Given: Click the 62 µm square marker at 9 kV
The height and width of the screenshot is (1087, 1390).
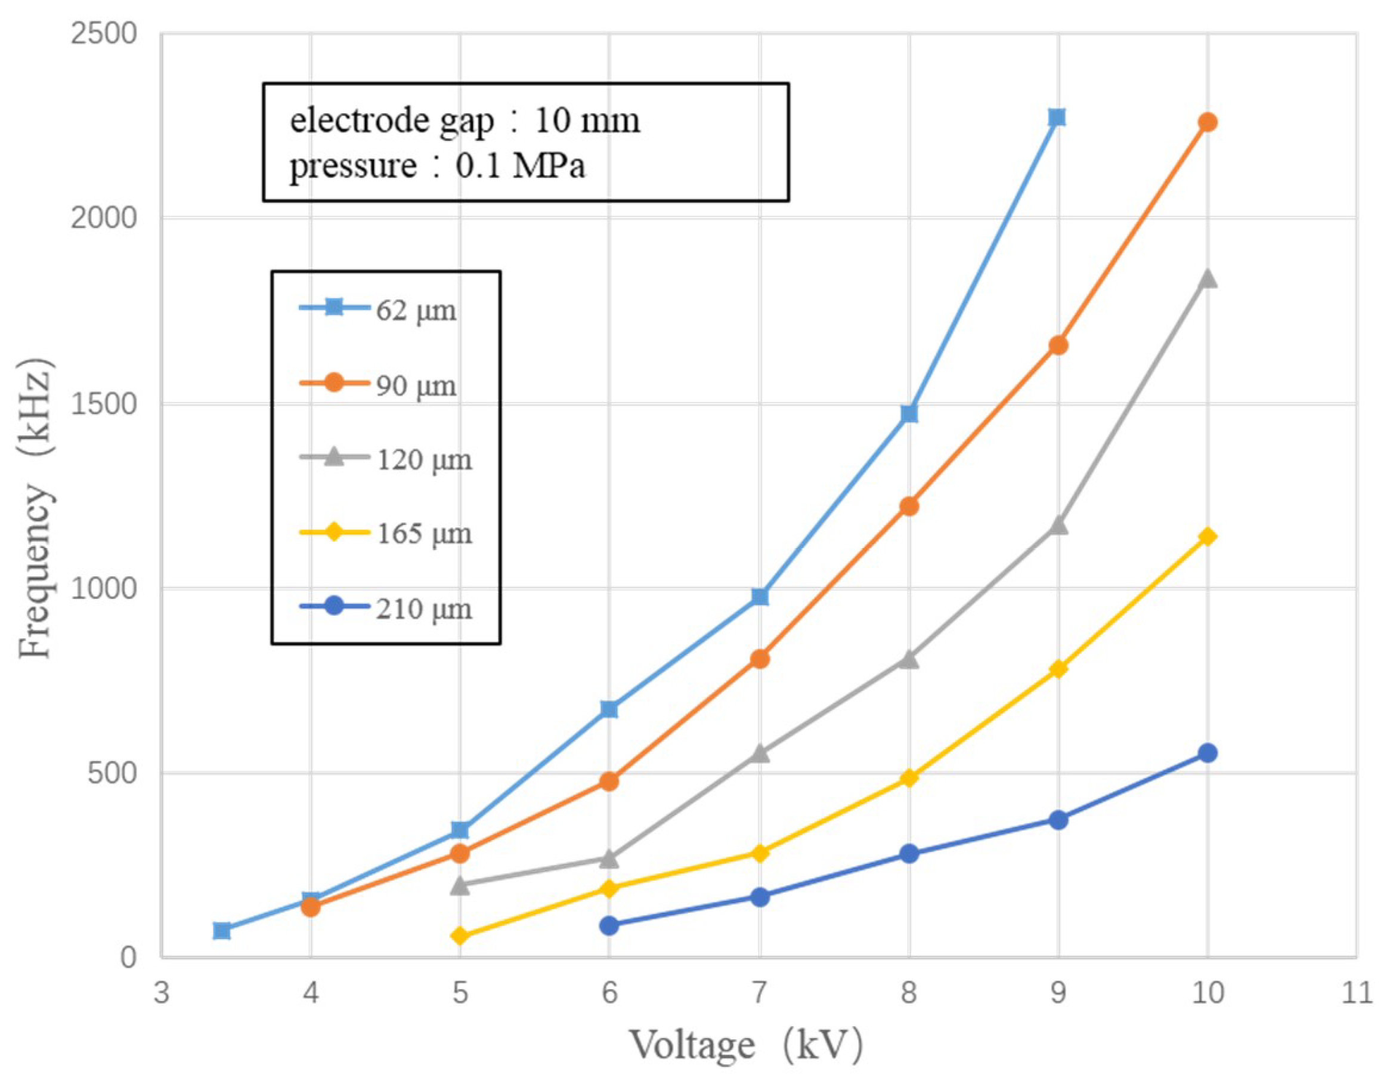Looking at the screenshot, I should [1057, 117].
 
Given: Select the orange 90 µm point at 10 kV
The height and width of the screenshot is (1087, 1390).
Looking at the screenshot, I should [1208, 122].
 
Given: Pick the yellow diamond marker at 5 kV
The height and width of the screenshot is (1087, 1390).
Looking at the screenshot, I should [460, 935].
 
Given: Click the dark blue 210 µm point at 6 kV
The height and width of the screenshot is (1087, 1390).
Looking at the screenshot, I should [609, 925].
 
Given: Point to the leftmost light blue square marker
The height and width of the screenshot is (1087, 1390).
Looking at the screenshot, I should [221, 930].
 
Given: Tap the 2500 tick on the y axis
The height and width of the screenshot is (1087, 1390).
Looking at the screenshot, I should [104, 33].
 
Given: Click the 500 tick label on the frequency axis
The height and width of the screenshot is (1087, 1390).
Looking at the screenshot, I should [112, 773].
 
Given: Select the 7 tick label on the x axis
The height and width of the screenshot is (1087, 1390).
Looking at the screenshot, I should [759, 993].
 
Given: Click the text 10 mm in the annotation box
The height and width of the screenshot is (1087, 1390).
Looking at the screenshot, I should [587, 120].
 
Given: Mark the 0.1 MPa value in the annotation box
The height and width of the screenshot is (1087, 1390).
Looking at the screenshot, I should [520, 166].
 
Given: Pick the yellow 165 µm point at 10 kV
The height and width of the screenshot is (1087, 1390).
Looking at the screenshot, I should [1208, 537].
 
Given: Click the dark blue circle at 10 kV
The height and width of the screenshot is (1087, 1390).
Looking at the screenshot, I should [1208, 754].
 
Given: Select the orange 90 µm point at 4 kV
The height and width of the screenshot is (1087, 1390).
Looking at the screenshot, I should [310, 907].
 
